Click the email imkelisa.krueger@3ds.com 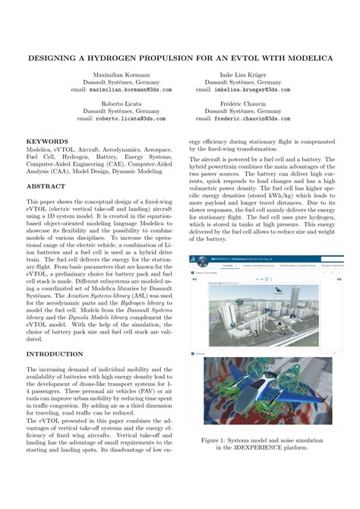(245, 90)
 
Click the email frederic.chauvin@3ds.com (245, 119)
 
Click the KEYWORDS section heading (47, 141)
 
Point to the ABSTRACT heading (46, 186)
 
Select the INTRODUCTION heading (55, 354)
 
